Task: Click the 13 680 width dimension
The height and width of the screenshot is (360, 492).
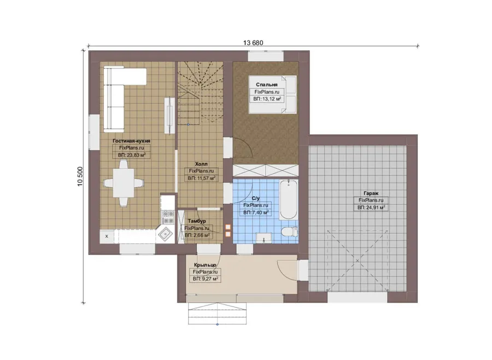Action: tap(253, 43)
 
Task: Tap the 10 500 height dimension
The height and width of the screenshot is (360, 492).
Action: tap(80, 176)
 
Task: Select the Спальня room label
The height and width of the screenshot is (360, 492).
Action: tap(267, 85)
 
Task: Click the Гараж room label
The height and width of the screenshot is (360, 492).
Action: tap(371, 193)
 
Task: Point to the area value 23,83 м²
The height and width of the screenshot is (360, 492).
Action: tap(132, 155)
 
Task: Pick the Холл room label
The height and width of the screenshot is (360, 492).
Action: tap(201, 164)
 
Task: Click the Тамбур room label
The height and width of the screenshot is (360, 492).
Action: tap(197, 221)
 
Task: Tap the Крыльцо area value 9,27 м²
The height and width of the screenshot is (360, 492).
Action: tap(206, 279)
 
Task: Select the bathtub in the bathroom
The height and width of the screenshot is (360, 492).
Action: tap(288, 199)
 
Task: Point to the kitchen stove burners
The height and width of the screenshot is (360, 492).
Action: tap(168, 217)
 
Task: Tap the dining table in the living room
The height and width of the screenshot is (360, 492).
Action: tap(124, 183)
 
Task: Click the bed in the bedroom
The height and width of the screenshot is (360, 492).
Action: tap(273, 94)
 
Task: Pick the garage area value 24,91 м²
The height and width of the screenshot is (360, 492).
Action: tap(371, 208)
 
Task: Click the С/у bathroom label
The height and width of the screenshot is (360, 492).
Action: tap(256, 198)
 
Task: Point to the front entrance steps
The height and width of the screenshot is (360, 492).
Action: tap(217, 313)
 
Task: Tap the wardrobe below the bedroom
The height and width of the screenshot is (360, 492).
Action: tap(265, 170)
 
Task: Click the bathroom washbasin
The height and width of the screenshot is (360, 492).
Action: tap(264, 238)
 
